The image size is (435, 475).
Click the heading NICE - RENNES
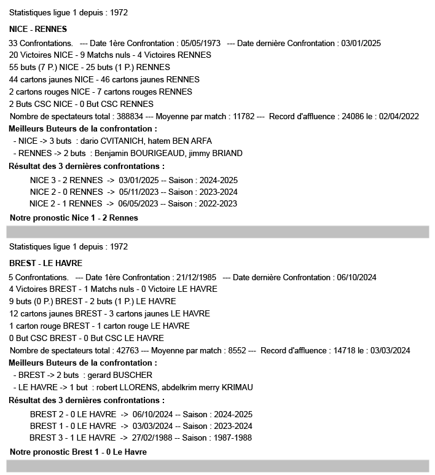coord(38,29)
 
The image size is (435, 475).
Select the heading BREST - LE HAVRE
coord(46,263)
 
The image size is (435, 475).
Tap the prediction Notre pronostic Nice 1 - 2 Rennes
coord(74,218)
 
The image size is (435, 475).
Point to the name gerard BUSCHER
coord(120,375)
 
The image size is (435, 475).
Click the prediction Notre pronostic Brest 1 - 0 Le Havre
coord(78,452)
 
